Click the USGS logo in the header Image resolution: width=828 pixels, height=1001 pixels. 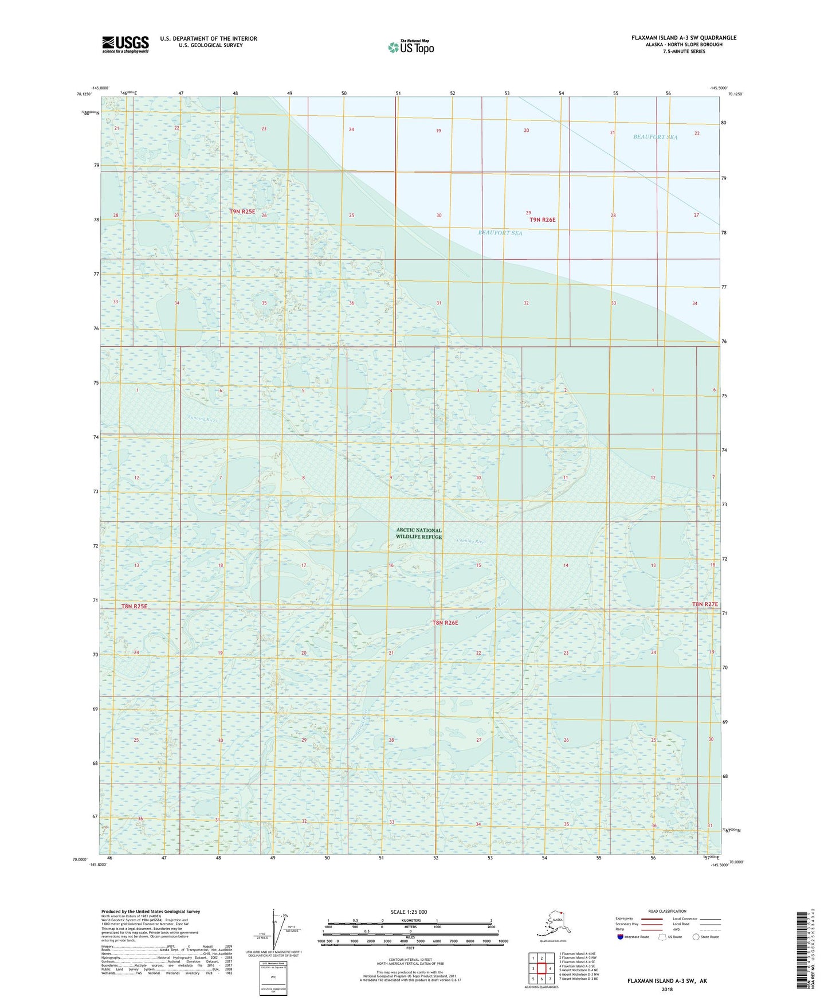click(x=125, y=44)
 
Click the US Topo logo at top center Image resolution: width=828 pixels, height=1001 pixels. click(x=410, y=47)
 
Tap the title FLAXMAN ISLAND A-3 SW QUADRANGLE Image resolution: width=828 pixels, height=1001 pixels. click(x=684, y=38)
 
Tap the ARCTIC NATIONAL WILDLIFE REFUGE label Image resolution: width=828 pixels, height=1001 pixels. click(x=419, y=533)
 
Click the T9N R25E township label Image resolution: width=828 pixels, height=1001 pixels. click(x=242, y=212)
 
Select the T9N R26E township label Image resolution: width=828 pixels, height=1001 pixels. click(x=542, y=220)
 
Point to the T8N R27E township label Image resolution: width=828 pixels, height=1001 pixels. click(x=704, y=604)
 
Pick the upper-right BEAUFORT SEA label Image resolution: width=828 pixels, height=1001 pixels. click(x=655, y=137)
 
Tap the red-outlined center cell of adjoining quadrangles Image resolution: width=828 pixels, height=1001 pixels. click(x=541, y=968)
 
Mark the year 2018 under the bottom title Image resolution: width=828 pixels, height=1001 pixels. click(x=667, y=989)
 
